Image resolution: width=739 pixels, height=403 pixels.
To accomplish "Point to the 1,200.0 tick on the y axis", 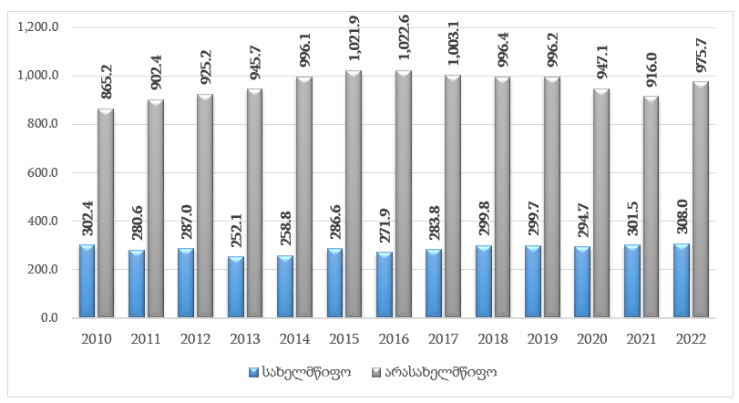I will point(39,27).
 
